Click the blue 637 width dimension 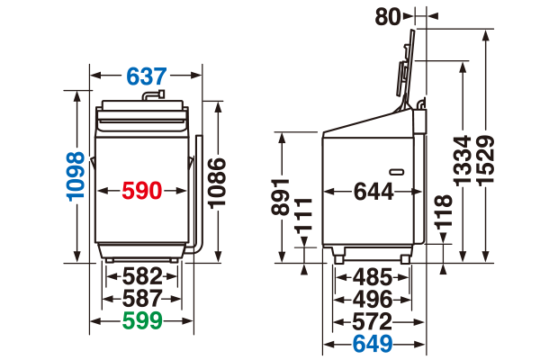(147, 76)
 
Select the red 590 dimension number (142, 191)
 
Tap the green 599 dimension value (142, 320)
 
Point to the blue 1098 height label (76, 176)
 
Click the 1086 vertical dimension (217, 183)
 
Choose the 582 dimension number (142, 276)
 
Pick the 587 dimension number (142, 298)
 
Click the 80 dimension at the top (388, 16)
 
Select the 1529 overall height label (486, 161)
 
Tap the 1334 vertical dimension (462, 161)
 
